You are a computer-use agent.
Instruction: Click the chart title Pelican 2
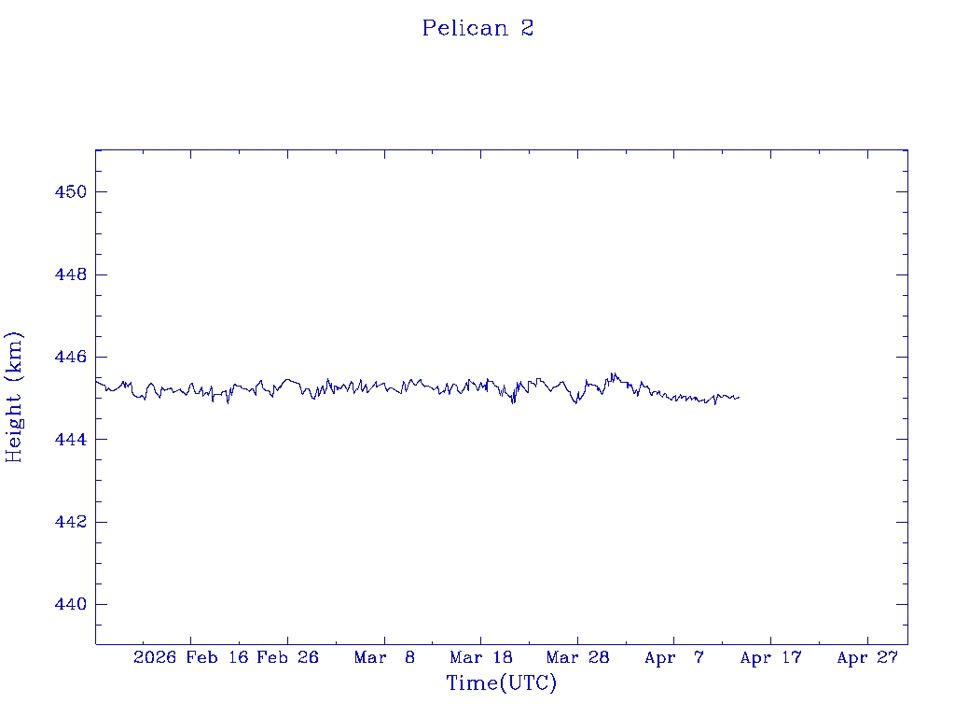coord(477,28)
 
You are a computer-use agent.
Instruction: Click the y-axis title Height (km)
coord(14,397)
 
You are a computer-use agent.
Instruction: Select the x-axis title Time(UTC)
coord(501,683)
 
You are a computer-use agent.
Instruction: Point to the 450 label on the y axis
coord(70,192)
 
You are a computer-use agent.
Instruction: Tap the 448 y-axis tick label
coord(70,274)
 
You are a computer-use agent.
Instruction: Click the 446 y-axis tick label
coord(70,357)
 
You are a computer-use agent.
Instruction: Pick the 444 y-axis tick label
coord(70,439)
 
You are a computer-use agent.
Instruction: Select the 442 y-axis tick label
coord(70,521)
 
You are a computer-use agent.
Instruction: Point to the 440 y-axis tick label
coord(70,604)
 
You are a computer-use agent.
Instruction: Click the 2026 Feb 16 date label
coord(189,657)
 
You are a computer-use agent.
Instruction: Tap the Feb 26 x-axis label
coord(287,657)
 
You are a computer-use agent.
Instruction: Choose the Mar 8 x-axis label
coord(384,657)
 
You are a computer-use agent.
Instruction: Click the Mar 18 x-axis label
coord(480,657)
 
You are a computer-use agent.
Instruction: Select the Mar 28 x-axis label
coord(577,657)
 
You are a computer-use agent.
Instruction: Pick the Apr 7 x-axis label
coord(674,657)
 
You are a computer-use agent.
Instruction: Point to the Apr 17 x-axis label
coord(770,657)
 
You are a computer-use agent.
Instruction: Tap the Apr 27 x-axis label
coord(867,657)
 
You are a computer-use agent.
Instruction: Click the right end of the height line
coord(739,397)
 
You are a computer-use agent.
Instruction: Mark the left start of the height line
coord(96,381)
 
